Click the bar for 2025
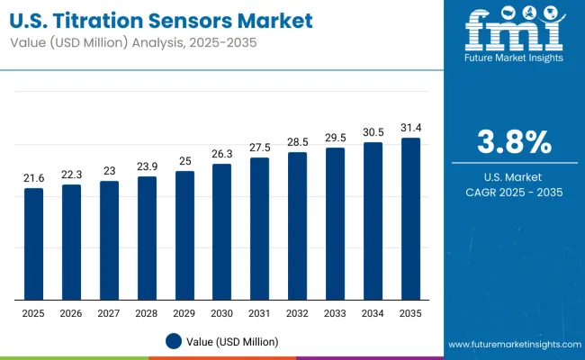tap(33, 244)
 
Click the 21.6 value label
tap(33, 179)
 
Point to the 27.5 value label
tap(259, 147)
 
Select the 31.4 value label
tap(410, 127)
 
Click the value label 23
tap(109, 170)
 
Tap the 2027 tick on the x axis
tap(109, 314)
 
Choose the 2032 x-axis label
tap(297, 314)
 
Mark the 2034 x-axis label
tap(373, 314)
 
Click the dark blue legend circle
tap(174, 341)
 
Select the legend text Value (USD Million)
tap(233, 341)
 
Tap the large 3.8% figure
tap(512, 142)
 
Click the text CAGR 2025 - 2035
tap(512, 193)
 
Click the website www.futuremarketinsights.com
tap(512, 345)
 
